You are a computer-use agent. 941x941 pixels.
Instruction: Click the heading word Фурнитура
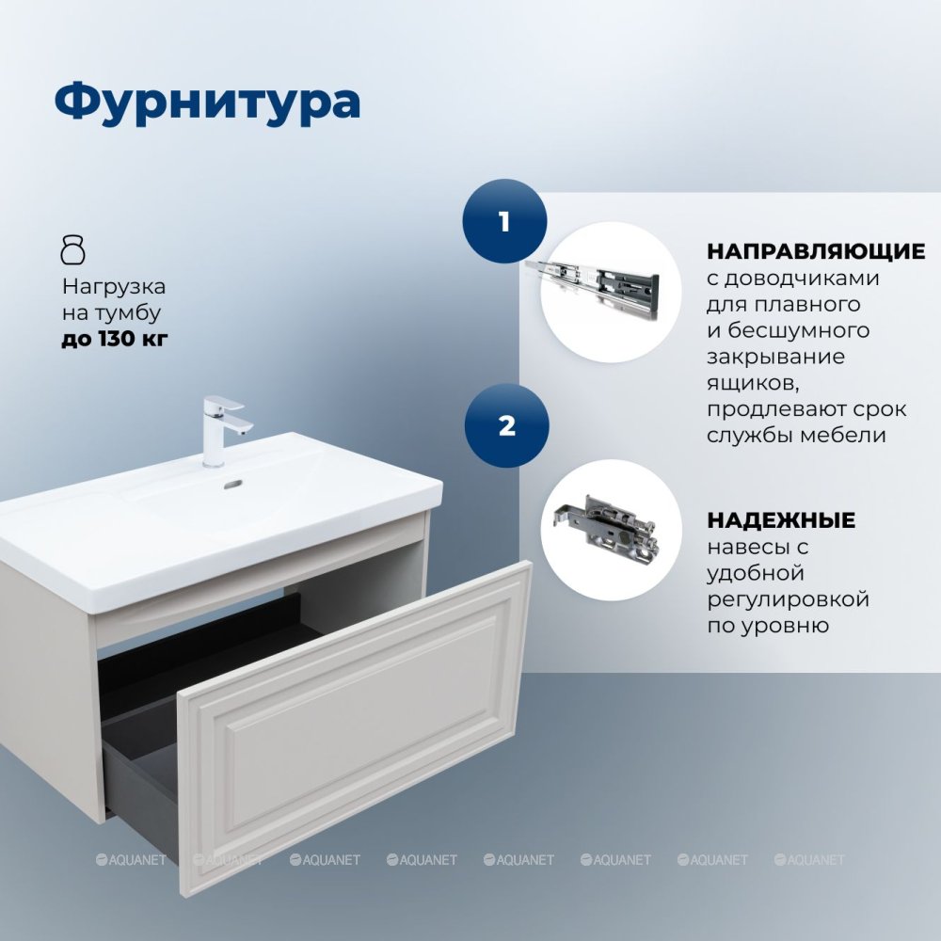tap(207, 103)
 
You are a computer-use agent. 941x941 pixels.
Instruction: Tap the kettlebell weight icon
tap(73, 250)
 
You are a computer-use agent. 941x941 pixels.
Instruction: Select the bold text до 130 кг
tap(115, 339)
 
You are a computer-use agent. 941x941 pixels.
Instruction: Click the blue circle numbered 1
tap(504, 221)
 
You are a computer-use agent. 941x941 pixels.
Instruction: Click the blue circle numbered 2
tap(506, 425)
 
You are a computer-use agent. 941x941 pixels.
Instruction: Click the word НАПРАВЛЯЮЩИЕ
tap(816, 251)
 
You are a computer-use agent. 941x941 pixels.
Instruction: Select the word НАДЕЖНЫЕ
tap(781, 519)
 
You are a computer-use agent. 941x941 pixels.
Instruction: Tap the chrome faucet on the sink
tap(222, 429)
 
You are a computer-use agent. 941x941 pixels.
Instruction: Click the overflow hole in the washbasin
tap(232, 483)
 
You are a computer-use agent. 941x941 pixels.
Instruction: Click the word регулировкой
tap(788, 599)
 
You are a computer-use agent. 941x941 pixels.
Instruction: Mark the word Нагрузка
tap(114, 287)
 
